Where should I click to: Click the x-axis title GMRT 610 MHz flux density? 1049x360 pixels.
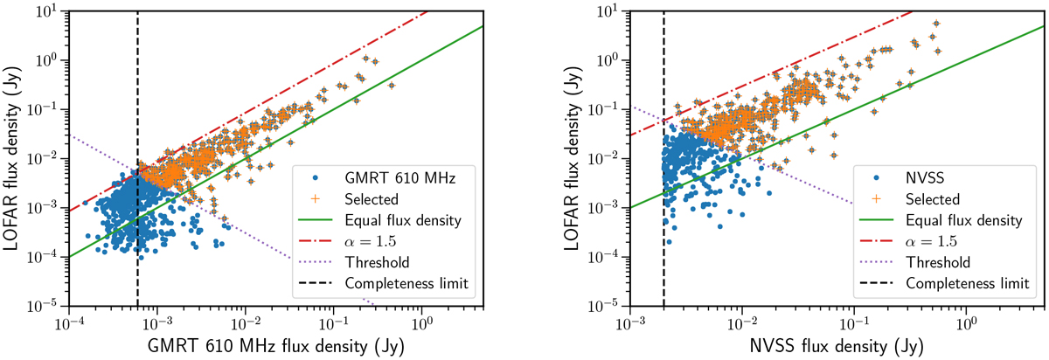click(274, 346)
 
